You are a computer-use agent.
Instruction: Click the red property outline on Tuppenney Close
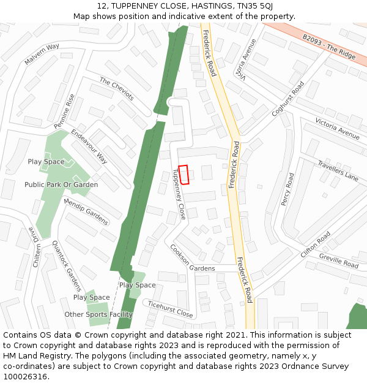183,174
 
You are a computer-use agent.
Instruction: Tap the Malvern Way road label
42,55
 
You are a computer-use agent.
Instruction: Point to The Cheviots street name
116,89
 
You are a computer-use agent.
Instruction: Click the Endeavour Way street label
89,146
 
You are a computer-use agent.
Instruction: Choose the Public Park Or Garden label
61,184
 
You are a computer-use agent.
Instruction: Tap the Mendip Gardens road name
86,211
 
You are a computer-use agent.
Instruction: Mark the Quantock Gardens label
67,266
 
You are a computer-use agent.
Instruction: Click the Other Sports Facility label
98,314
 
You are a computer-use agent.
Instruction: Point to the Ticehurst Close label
170,309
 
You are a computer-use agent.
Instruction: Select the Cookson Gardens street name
193,260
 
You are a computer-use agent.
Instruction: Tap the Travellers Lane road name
338,171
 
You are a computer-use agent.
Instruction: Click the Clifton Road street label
315,244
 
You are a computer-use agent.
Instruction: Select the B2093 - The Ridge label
328,47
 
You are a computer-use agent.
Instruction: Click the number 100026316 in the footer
26,376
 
